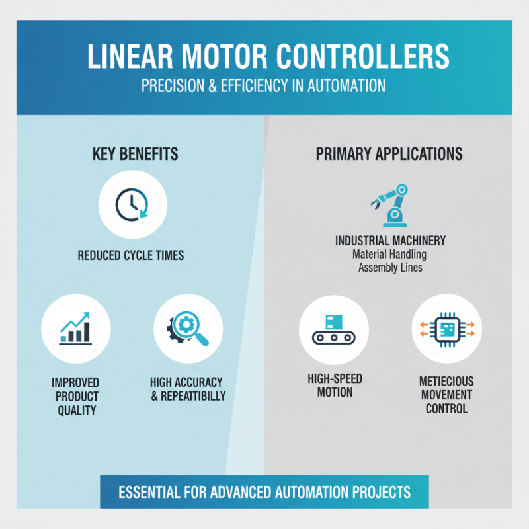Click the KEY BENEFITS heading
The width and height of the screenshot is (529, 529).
[x=135, y=154]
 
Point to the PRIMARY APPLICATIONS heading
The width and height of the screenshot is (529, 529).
[x=389, y=154]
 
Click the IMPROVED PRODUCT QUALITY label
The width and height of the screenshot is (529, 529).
[x=75, y=396]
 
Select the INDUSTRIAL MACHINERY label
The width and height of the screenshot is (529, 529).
[x=390, y=241]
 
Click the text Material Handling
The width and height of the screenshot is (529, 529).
[x=390, y=254]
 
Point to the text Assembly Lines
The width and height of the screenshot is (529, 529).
[x=390, y=267]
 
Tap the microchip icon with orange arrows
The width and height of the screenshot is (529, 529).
[x=447, y=329]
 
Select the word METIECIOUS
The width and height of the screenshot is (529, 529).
[x=446, y=382]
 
